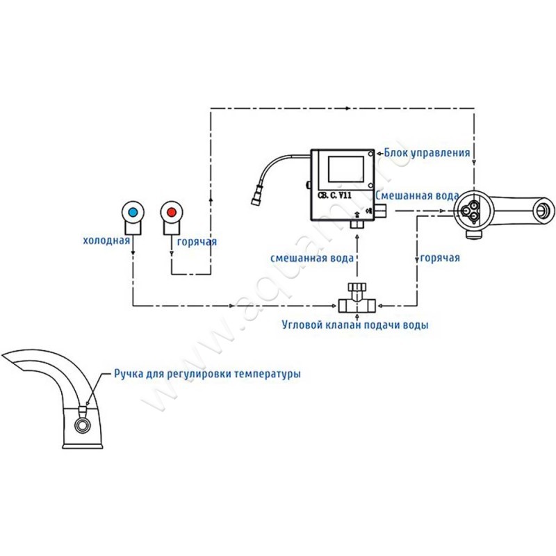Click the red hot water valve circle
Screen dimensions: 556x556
170,211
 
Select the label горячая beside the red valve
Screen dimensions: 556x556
197,241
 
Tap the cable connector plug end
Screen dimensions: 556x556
256,197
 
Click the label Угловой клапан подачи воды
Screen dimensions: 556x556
355,325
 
